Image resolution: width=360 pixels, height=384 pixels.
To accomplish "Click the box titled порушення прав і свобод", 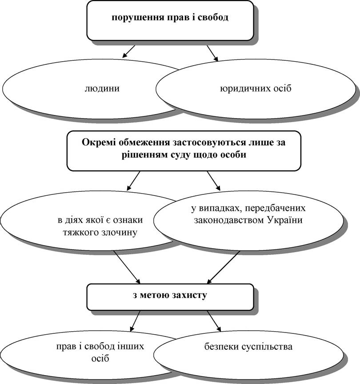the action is [x=170, y=20].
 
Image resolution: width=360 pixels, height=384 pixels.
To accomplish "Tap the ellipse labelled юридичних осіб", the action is [x=256, y=89].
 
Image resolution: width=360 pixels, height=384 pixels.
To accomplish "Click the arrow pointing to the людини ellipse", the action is [x=128, y=51].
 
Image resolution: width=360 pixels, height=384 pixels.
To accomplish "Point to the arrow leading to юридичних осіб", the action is [x=212, y=53].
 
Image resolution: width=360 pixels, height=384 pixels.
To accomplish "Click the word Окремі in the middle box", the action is [x=99, y=143].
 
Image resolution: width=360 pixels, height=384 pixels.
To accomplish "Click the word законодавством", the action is [x=229, y=220].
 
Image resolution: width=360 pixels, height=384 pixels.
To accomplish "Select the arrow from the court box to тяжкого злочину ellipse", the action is [x=133, y=181].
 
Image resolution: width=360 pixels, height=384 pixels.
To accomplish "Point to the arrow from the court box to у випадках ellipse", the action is [x=214, y=181].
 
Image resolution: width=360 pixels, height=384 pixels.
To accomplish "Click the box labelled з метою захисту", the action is [x=170, y=297].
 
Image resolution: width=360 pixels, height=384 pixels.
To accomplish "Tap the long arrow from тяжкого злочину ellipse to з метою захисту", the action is [x=127, y=267].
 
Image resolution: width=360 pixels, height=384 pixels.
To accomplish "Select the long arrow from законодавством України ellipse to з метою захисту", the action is [x=223, y=267].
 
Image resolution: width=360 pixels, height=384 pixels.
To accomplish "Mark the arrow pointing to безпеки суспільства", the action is [x=214, y=321].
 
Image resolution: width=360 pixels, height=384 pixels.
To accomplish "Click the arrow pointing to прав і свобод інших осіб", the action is [x=135, y=321].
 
